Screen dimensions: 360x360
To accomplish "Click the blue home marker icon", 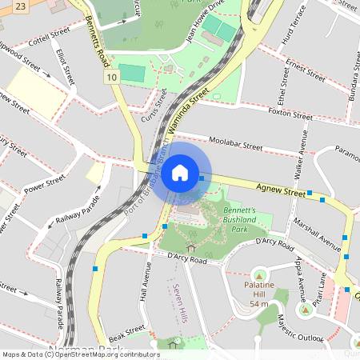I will [180, 172].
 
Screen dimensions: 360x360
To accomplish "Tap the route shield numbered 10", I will [111, 77].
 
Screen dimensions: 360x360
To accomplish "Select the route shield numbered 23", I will [20, 6].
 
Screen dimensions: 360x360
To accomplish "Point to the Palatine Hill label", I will [258, 293].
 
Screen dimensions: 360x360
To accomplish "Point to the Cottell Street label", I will [48, 37].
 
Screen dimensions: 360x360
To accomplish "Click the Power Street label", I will [44, 185].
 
